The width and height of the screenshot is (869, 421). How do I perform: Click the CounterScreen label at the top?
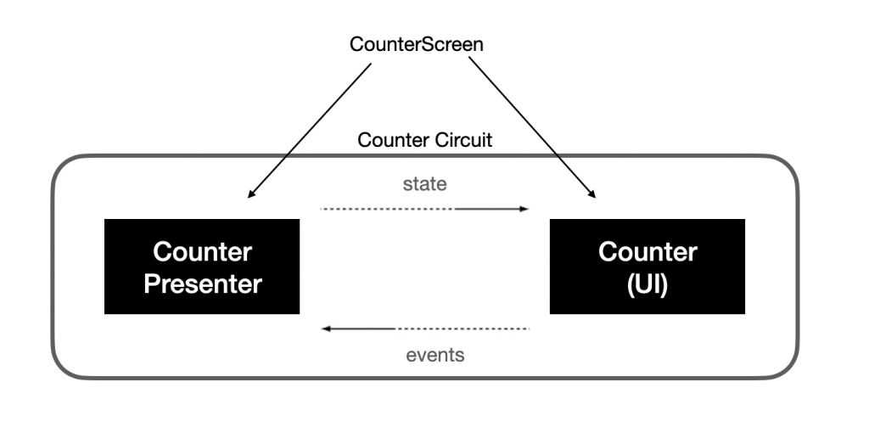click(x=417, y=44)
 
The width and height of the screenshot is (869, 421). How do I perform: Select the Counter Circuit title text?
click(x=424, y=139)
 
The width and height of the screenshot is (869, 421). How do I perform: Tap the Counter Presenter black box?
click(x=202, y=267)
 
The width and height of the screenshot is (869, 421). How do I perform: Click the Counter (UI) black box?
click(x=648, y=267)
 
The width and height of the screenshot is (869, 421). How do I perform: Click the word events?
click(x=435, y=354)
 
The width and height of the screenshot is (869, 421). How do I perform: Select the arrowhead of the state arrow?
click(x=524, y=208)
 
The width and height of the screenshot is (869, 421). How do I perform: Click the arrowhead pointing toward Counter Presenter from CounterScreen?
click(x=251, y=195)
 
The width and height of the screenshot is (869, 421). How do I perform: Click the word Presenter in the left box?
click(x=203, y=283)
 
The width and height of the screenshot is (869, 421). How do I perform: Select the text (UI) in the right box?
click(x=648, y=283)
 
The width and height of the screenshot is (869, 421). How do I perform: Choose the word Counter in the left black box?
click(x=202, y=252)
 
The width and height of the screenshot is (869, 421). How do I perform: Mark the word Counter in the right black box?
click(x=648, y=252)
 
